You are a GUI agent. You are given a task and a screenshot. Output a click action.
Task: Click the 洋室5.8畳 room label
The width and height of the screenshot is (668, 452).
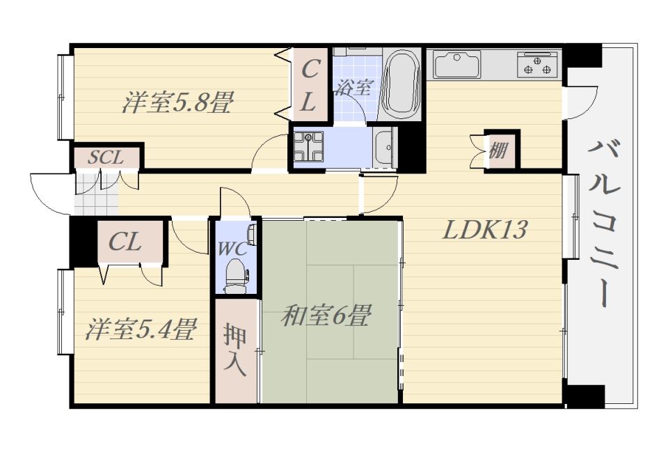pyautogui.click(x=177, y=102)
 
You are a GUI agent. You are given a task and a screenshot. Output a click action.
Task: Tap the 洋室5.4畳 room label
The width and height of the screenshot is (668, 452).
pyautogui.click(x=141, y=329)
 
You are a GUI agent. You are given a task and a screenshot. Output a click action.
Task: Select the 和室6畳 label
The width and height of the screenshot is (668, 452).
pyautogui.click(x=326, y=315)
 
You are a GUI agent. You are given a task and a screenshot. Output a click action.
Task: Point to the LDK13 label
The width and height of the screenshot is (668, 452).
pyautogui.click(x=485, y=230)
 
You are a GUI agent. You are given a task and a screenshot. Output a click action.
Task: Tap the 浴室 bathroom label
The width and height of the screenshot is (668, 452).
pyautogui.click(x=353, y=87)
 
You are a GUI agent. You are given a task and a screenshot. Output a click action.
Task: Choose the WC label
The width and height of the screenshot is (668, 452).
pyautogui.click(x=232, y=249)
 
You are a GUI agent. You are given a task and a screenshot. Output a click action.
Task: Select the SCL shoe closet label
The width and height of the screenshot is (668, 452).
pyautogui.click(x=106, y=157)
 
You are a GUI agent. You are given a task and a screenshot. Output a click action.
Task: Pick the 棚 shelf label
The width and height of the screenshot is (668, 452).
pyautogui.click(x=498, y=150)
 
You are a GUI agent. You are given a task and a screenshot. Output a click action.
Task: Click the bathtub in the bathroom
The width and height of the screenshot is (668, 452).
pyautogui.click(x=401, y=84)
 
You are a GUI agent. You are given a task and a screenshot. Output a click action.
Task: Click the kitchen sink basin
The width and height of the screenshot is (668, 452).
pyautogui.click(x=456, y=64)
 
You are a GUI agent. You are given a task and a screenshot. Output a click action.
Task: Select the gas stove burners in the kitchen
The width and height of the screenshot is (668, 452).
pyautogui.click(x=538, y=64)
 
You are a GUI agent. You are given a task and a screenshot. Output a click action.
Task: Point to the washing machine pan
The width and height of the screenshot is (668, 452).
pyautogui.click(x=308, y=147)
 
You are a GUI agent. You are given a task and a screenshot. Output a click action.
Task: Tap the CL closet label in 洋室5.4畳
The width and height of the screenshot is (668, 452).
pyautogui.click(x=125, y=242)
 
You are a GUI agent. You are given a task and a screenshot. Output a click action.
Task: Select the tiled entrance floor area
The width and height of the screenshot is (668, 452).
pyautogui.click(x=96, y=195)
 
